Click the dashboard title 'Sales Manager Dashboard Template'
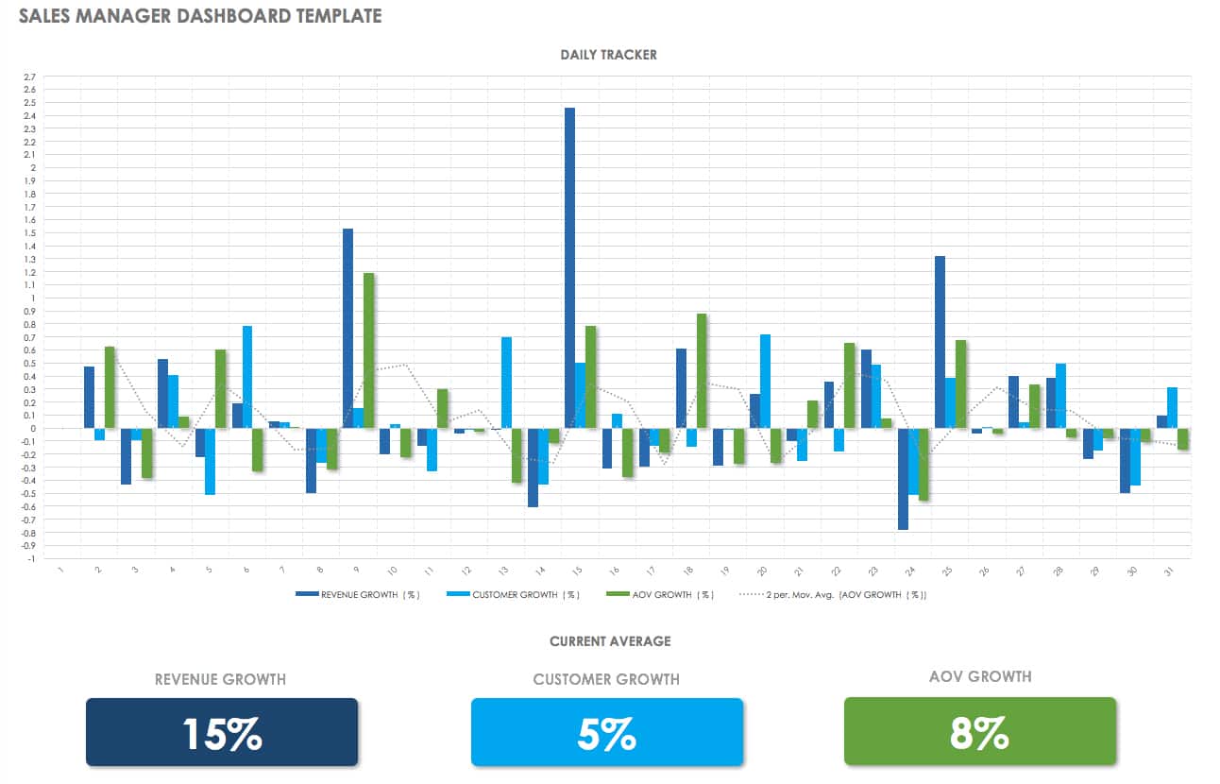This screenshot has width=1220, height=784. point(200,16)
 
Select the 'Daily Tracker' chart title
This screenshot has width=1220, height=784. point(608,55)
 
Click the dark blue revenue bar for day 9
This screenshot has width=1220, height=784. point(347,328)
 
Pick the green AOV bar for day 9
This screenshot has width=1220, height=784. point(369,350)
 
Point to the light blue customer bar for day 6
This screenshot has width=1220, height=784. point(247,377)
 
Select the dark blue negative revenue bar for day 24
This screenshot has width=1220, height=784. point(903,479)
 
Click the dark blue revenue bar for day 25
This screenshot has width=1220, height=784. point(940,342)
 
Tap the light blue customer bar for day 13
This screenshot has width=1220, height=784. point(507,383)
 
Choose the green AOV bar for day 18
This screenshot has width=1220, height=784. point(702,370)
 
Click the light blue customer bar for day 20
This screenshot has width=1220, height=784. point(765,382)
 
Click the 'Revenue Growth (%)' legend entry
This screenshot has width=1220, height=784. point(358,595)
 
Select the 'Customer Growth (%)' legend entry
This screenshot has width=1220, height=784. point(517,595)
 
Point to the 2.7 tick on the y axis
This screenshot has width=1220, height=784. point(29,77)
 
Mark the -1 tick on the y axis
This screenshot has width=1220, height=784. point(31,558)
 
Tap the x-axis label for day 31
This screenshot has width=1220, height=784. point(1171,572)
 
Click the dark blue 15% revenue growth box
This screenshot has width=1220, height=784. point(222,731)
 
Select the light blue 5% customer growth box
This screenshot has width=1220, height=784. point(606,731)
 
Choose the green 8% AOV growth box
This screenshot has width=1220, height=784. point(979,730)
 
